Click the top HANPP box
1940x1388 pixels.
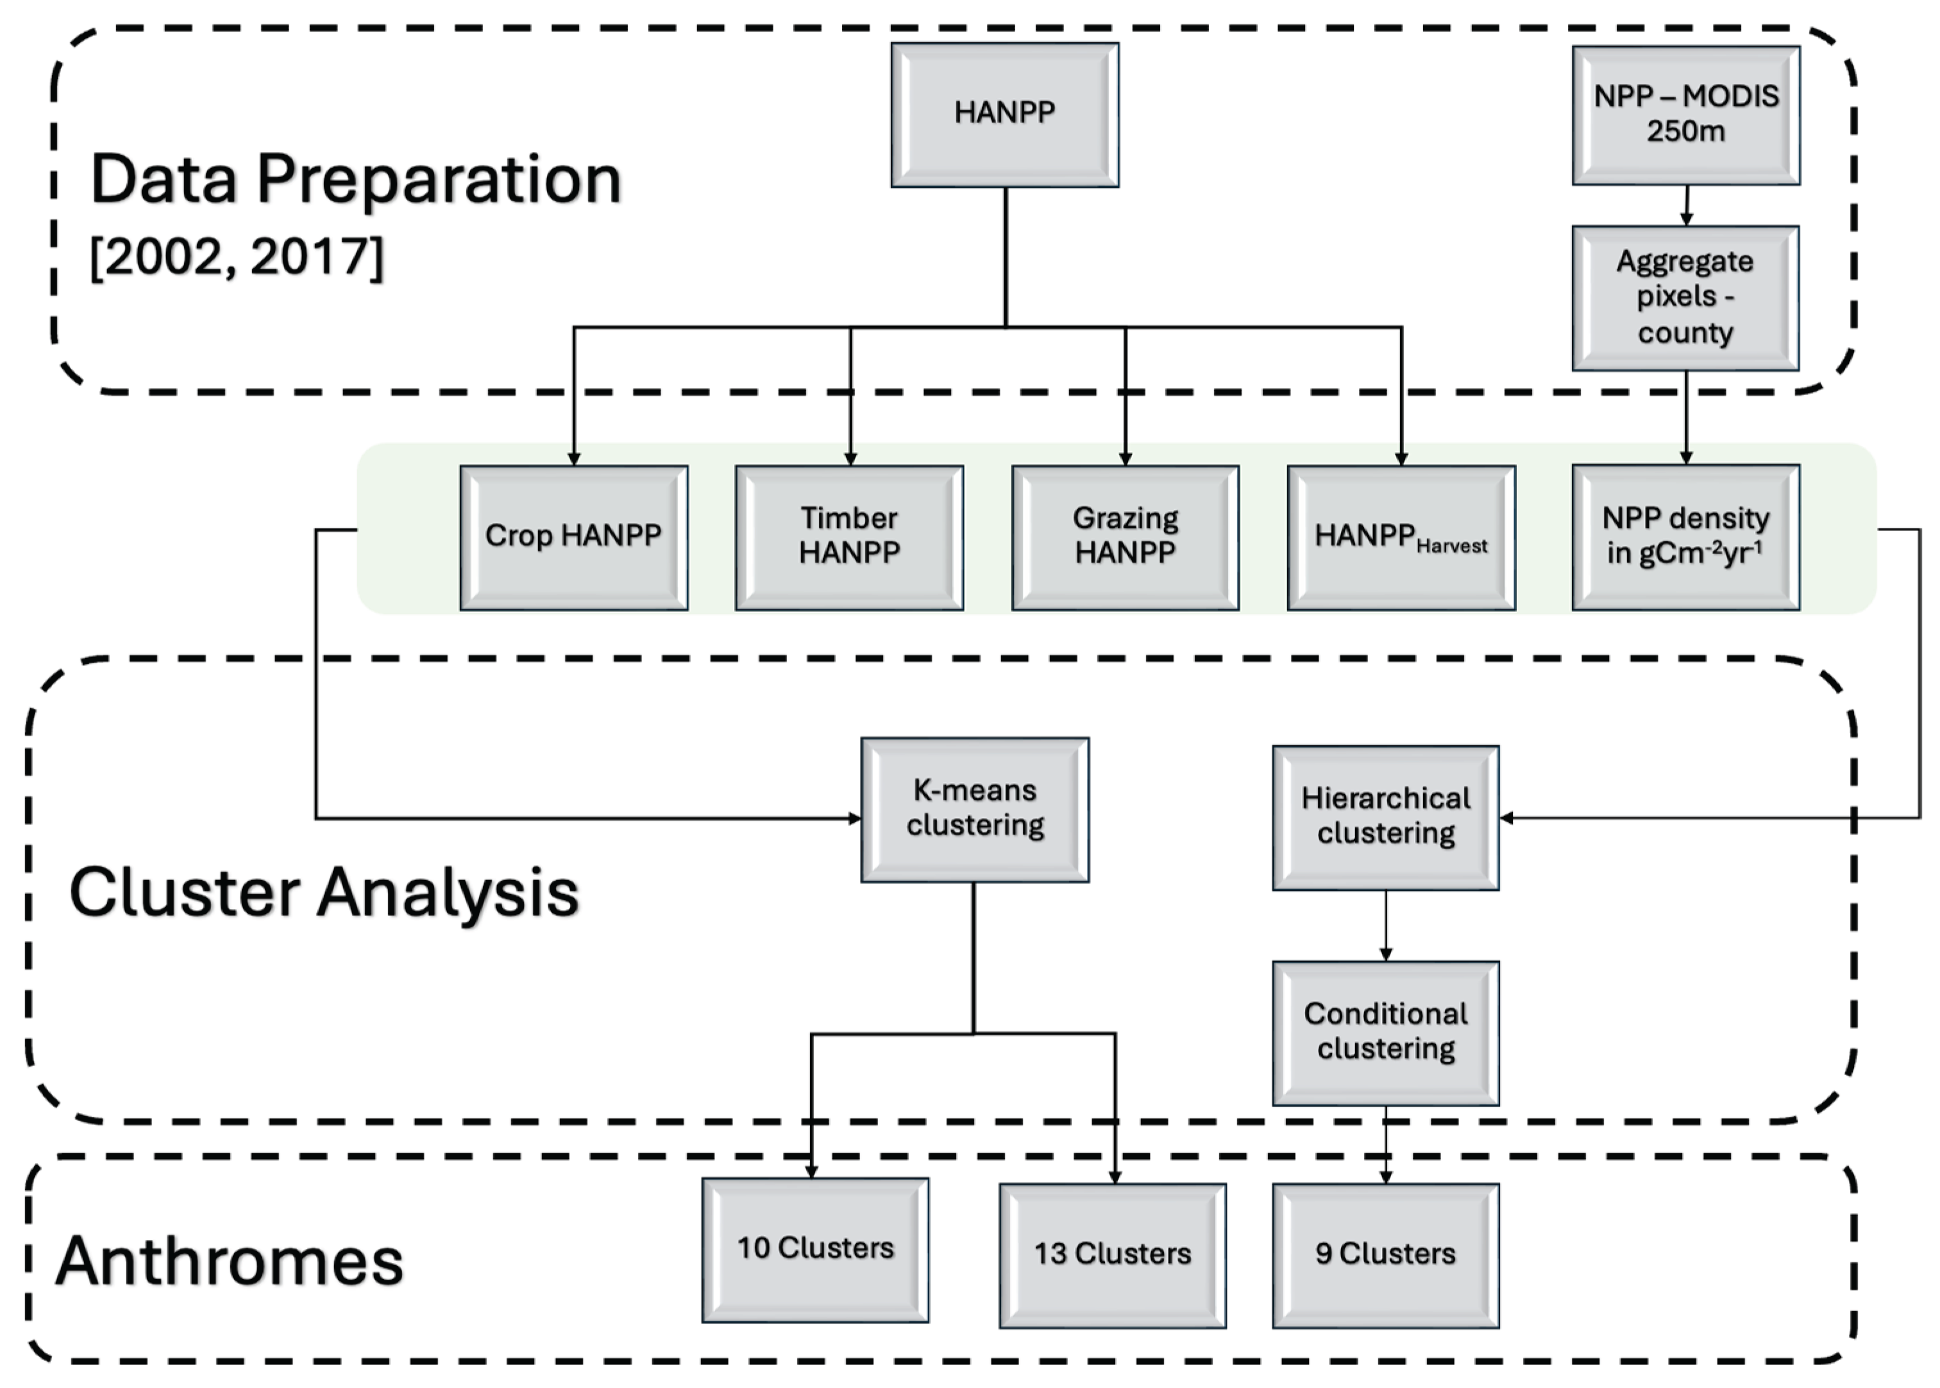pyautogui.click(x=1004, y=115)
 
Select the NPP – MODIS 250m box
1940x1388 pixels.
pyautogui.click(x=1685, y=115)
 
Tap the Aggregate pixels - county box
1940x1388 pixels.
pyautogui.click(x=1685, y=298)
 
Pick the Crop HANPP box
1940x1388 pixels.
pyautogui.click(x=573, y=537)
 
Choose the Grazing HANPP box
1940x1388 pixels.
pyautogui.click(x=1125, y=537)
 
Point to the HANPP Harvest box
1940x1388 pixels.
pyautogui.click(x=1401, y=537)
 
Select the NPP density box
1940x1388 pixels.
pyautogui.click(x=1685, y=537)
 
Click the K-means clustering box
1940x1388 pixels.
pyautogui.click(x=974, y=809)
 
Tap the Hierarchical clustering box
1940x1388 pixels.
pyautogui.click(x=1385, y=817)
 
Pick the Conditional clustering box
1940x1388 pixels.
pyautogui.click(x=1385, y=1033)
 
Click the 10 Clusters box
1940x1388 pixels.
pyautogui.click(x=815, y=1249)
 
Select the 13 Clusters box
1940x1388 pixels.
pyautogui.click(x=1112, y=1255)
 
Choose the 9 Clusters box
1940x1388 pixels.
pyautogui.click(x=1385, y=1255)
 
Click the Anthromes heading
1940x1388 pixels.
pyautogui.click(x=229, y=1262)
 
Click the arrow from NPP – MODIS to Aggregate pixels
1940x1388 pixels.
pyautogui.click(x=1686, y=205)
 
